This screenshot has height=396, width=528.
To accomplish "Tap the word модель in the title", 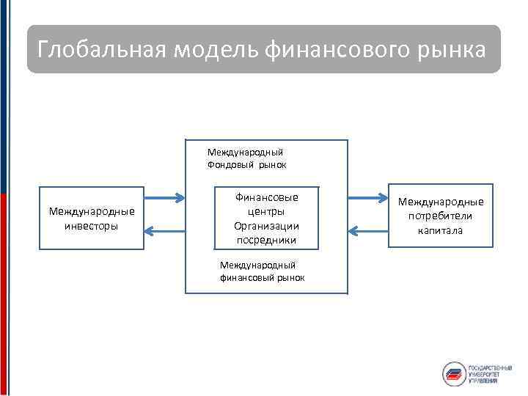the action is click(216, 51).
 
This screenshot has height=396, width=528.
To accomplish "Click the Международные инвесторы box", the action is click(91, 219).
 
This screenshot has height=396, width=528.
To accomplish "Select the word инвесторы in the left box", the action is click(91, 226).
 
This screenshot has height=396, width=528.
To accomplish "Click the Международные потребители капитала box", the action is click(441, 216).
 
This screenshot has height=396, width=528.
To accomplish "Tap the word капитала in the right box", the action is click(441, 230).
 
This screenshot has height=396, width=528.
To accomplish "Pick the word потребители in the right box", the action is click(441, 216).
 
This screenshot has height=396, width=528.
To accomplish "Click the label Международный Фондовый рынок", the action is click(246, 158).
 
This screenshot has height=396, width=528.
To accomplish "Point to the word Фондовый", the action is click(230, 165).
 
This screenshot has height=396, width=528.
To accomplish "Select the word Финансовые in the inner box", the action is click(267, 197).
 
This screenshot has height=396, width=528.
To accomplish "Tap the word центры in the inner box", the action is click(267, 211).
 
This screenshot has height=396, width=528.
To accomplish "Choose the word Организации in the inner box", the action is click(267, 226).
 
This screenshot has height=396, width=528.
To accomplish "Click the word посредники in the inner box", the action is click(267, 240).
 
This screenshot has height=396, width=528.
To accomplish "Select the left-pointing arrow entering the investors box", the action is click(165, 232).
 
